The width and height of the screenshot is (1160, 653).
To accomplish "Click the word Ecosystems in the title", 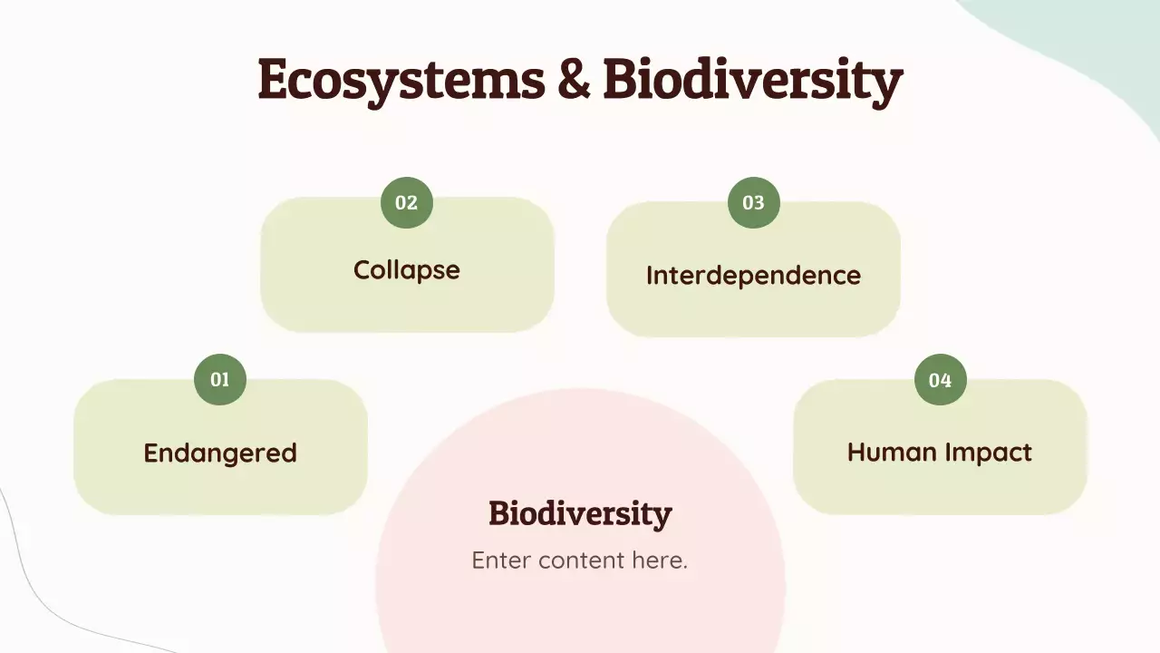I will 401,79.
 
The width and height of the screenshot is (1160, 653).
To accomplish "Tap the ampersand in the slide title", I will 573,79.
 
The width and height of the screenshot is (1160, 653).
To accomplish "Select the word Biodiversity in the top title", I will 752,81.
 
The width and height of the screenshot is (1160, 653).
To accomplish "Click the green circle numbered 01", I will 220,379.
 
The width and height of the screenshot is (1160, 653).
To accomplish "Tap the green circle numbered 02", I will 407,202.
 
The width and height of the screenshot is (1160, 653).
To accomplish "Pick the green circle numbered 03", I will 754,202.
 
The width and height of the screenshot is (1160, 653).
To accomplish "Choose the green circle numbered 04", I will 941,379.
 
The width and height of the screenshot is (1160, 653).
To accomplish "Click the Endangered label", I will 220,453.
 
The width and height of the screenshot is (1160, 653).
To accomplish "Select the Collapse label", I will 407,270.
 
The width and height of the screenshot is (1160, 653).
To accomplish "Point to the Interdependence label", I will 753,275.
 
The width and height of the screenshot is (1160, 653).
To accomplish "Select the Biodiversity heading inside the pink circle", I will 580,513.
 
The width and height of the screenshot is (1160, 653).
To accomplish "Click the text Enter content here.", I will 580,560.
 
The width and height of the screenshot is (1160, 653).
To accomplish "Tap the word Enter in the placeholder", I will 501,560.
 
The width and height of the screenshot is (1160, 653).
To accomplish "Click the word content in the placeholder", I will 581,560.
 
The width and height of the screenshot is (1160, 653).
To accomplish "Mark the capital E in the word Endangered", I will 151,453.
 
